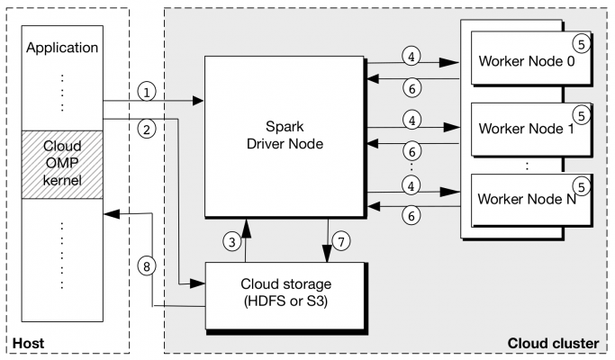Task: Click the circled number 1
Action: tap(148, 92)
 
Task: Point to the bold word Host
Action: tap(28, 343)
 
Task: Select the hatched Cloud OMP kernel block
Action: tap(62, 164)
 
